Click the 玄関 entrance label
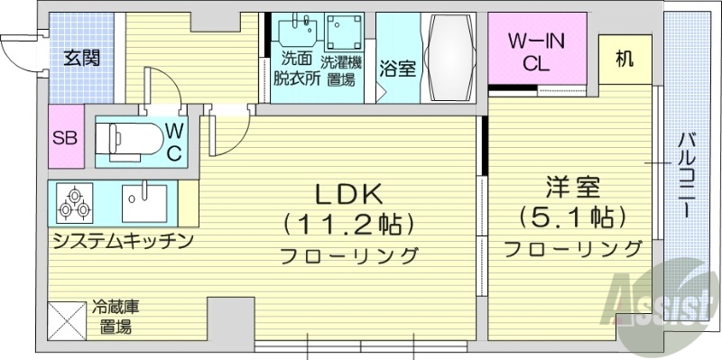tap(81, 59)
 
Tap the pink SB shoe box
tap(64, 138)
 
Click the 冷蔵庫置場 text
tap(113, 317)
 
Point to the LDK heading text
tap(349, 193)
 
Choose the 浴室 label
tap(398, 69)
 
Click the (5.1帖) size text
tap(572, 217)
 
